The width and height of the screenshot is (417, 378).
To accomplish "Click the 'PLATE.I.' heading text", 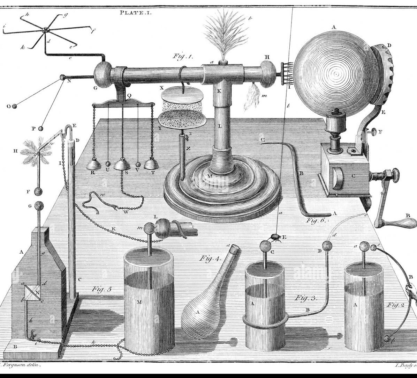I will point(134,12).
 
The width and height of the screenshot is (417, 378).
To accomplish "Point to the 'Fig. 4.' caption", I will point(211,259).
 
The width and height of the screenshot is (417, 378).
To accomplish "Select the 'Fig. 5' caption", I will point(102,289).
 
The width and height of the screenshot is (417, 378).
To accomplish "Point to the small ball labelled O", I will point(14,106).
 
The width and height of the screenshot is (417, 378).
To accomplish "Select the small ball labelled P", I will point(41,129).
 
